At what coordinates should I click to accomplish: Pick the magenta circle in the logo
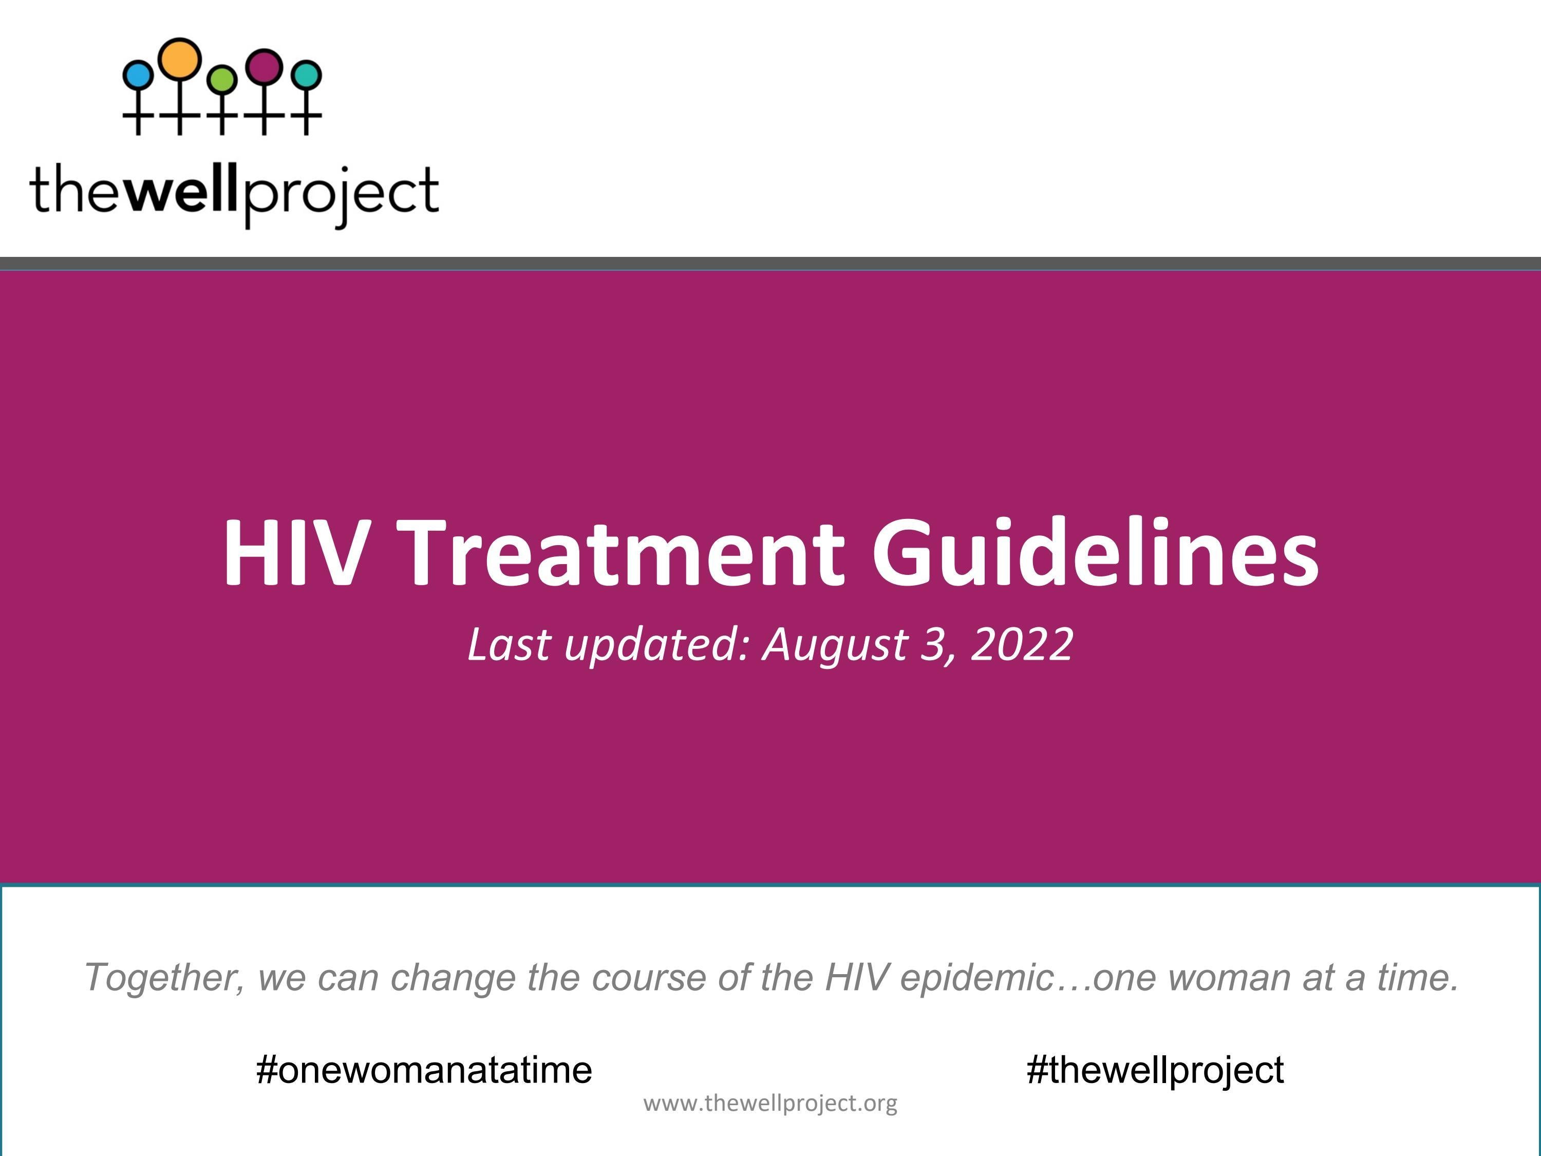tap(265, 66)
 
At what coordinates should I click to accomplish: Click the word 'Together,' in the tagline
tap(164, 978)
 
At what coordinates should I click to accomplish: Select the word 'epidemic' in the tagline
tap(975, 978)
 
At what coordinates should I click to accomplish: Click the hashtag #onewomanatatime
tap(424, 1070)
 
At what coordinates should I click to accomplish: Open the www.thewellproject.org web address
tap(770, 1103)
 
